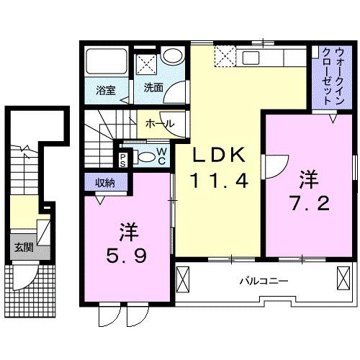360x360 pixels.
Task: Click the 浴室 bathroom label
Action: point(107,91)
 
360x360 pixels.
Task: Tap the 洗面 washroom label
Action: point(153,89)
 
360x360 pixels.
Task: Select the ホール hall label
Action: point(159,124)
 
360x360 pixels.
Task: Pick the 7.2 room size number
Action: point(310,202)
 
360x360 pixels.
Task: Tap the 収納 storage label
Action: point(104,183)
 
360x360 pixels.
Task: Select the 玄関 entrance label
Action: point(22,247)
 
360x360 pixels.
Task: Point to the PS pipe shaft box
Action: point(124,159)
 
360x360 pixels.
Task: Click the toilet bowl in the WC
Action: point(144,158)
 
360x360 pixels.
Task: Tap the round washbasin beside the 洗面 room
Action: point(171,57)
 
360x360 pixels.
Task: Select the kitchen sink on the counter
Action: point(254,58)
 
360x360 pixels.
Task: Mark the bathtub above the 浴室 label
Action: point(107,63)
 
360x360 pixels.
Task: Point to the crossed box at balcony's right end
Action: point(341,278)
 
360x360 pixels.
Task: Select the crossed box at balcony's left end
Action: point(183,278)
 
